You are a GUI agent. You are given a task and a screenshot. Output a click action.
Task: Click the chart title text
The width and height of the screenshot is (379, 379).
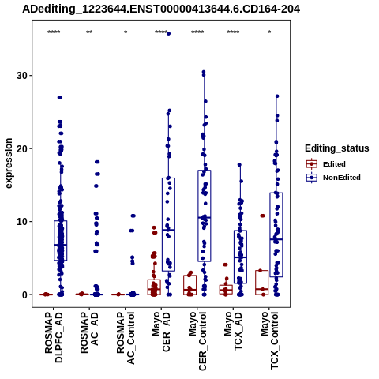161,9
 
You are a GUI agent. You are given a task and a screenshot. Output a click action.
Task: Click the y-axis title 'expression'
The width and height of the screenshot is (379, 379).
9,163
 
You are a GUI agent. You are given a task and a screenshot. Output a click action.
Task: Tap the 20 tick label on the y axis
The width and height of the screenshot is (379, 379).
22,148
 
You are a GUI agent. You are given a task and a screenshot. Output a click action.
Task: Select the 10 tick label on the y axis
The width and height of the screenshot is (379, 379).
22,222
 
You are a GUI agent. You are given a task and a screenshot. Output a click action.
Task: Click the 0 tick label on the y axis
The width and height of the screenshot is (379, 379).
25,295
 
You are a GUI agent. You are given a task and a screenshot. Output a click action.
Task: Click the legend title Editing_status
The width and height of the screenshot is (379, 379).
337,148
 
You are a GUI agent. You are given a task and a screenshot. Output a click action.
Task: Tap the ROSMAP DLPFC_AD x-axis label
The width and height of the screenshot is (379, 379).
54,337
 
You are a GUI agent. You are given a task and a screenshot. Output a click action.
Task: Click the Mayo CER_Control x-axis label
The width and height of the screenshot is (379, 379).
197,341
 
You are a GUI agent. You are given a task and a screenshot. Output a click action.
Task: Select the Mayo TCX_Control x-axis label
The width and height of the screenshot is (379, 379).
269,340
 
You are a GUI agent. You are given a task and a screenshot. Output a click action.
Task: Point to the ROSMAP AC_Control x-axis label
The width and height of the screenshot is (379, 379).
126,338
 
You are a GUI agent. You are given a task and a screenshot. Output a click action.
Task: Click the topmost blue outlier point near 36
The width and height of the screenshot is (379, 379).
168,33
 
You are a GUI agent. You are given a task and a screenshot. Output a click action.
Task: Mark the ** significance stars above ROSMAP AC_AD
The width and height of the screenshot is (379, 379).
89,32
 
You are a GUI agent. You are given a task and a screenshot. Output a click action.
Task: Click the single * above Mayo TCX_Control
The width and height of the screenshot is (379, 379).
269,32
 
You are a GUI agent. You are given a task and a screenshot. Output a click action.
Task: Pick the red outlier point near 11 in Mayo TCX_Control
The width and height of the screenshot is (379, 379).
262,216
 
